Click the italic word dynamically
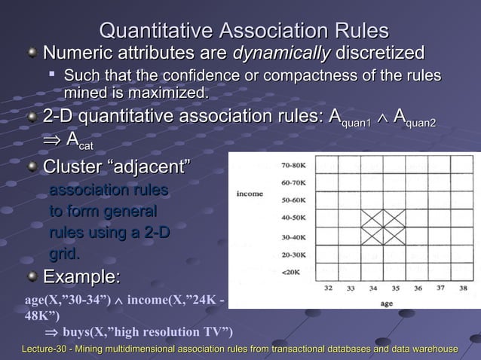pyautogui.click(x=281, y=53)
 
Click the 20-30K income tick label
pyautogui.click(x=293, y=254)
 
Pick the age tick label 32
pyautogui.click(x=329, y=288)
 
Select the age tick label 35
pyautogui.click(x=396, y=288)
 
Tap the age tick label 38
pyautogui.click(x=463, y=288)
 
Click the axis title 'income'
pyautogui.click(x=250, y=194)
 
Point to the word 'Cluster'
pyautogui.click(x=73, y=166)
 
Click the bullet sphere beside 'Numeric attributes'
pyautogui.click(x=32, y=54)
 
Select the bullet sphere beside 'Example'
pyautogui.click(x=32, y=276)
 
